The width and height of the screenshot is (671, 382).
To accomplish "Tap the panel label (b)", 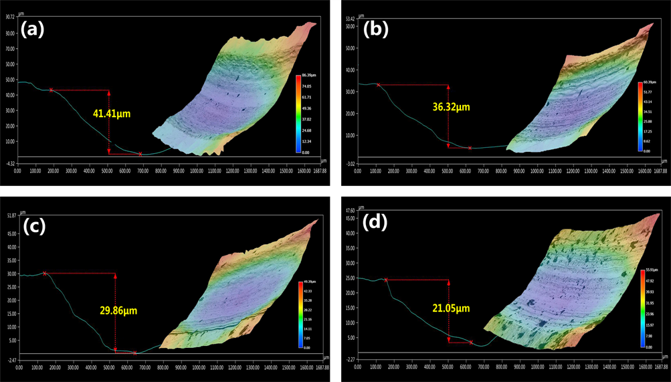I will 376,29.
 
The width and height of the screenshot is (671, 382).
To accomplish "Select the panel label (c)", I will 33,226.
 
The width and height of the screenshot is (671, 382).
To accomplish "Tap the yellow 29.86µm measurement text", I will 117,310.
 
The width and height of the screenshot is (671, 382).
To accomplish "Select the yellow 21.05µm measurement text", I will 450,308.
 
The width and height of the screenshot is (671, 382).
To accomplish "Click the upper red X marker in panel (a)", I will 51,90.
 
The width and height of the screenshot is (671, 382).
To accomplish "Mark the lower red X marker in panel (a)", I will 140,154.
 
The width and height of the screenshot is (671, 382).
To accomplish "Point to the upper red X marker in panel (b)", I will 379,85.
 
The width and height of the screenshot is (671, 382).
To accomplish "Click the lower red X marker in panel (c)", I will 135,353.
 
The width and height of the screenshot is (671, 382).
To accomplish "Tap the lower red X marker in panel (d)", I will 470,342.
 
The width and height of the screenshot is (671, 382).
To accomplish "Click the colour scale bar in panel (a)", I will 298,114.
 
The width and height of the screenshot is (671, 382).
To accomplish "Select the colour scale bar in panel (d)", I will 642,308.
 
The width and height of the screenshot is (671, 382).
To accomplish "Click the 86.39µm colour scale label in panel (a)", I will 308,76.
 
